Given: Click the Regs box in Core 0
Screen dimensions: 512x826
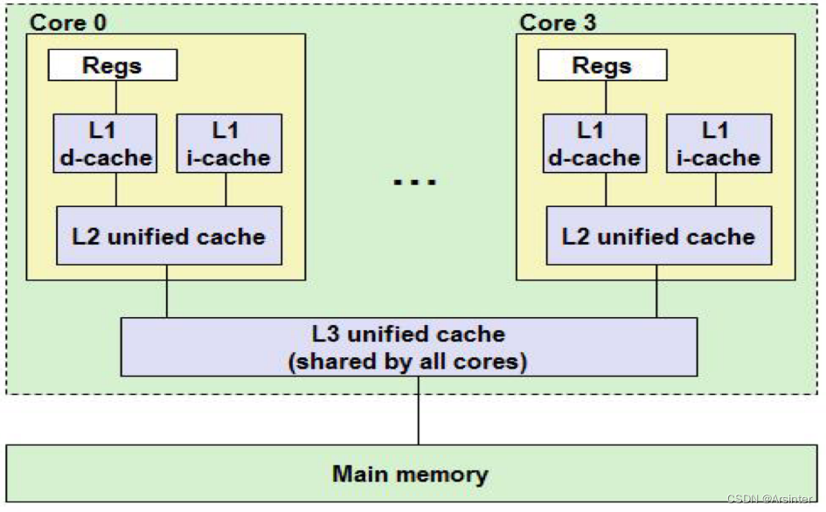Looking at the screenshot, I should pos(113,65).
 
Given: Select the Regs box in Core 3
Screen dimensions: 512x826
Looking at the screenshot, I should pos(602,65).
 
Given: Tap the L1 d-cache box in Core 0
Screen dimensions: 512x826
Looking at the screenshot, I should pos(106,144).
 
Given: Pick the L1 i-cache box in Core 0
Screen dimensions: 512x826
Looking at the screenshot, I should pos(229,144).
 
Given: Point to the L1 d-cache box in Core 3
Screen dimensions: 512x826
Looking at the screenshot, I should pos(595,144).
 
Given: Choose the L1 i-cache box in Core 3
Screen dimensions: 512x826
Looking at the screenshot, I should pos(718,144).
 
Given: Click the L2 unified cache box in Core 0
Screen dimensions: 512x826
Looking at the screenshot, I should pos(170,236).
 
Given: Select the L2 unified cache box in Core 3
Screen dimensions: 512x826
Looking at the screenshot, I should pos(659,236).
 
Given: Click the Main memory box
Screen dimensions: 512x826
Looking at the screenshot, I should pos(410,474).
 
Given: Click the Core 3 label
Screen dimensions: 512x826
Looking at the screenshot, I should pos(558,22).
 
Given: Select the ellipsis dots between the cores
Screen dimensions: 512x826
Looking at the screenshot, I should pos(413,182).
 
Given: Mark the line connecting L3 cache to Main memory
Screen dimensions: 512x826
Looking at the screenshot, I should pos(418,411).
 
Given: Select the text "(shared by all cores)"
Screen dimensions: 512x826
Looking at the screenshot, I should pos(408,361).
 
